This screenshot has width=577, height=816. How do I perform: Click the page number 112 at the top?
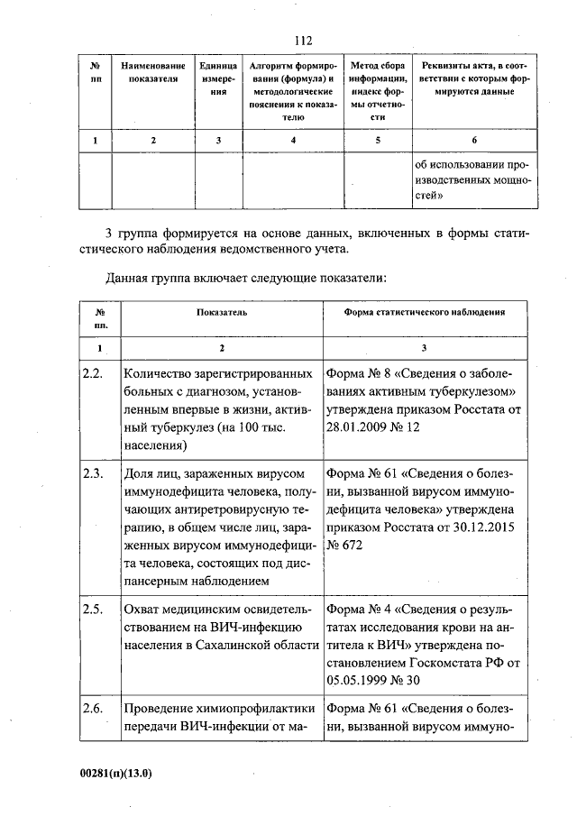tap(302, 41)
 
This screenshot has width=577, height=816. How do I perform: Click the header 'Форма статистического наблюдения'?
tap(424, 311)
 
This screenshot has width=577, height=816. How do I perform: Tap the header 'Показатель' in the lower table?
tap(222, 311)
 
